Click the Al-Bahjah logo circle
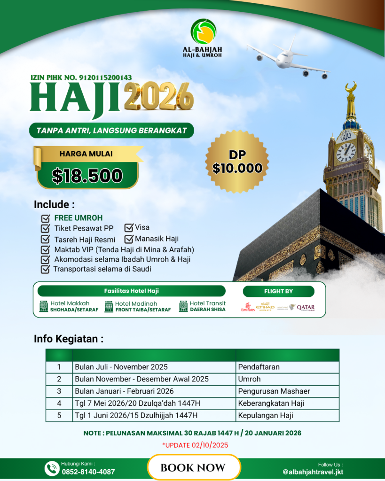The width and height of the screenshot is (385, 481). [204, 32]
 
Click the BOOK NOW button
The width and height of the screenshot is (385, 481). [193, 467]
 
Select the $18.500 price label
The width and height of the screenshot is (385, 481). [87, 175]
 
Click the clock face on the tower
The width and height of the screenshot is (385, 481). [346, 152]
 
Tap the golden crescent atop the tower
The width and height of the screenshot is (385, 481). [351, 88]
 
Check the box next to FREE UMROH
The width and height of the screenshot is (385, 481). [46, 218]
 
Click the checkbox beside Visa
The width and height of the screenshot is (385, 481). [128, 228]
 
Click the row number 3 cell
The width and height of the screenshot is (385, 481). [59, 391]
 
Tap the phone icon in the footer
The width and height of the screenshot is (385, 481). [51, 468]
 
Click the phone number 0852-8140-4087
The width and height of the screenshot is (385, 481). [88, 472]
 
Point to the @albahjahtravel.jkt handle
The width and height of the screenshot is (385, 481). [313, 472]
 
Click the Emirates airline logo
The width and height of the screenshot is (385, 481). [248, 308]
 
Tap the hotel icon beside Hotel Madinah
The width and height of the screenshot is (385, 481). [109, 306]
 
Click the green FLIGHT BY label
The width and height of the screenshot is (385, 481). [278, 291]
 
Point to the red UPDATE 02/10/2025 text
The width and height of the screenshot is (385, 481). [193, 444]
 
